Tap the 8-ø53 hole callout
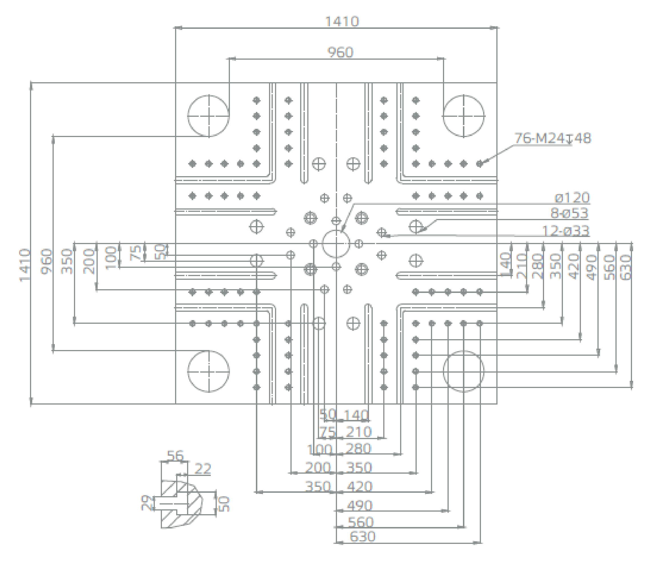pyautogui.click(x=569, y=213)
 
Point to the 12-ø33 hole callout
pyautogui.click(x=566, y=231)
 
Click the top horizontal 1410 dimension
pyautogui.click(x=342, y=21)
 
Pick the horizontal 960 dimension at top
pyautogui.click(x=340, y=52)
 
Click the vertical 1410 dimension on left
pyautogui.click(x=25, y=265)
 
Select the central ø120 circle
pyautogui.click(x=336, y=244)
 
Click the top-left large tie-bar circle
pyautogui.click(x=208, y=116)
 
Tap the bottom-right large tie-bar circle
pyautogui.click(x=463, y=371)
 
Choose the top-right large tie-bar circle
pyautogui.click(x=463, y=116)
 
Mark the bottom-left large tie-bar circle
pyautogui.click(x=208, y=371)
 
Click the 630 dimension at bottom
pyautogui.click(x=362, y=536)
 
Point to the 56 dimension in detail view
pyautogui.click(x=175, y=455)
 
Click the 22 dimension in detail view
pyautogui.click(x=203, y=469)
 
